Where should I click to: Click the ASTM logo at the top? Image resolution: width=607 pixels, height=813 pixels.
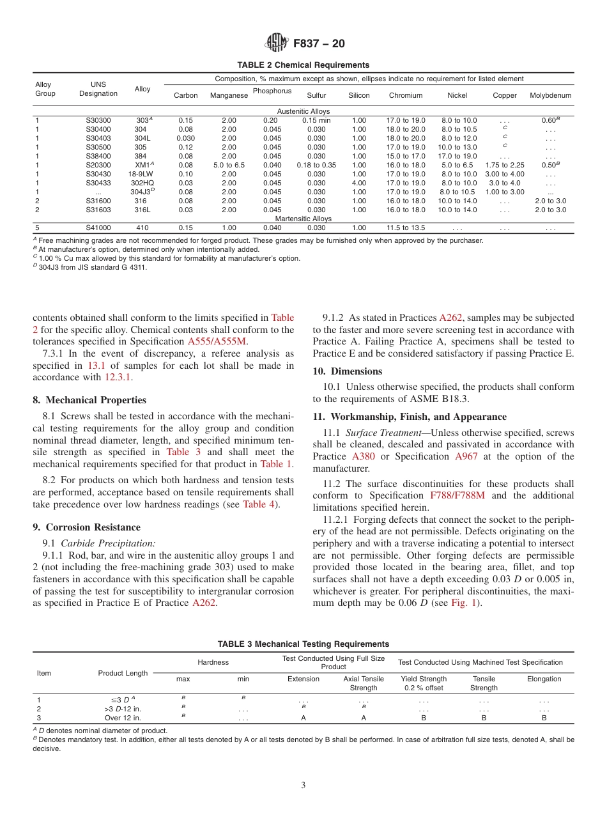click(x=277, y=43)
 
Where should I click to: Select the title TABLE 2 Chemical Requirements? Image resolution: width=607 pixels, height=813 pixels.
click(x=303, y=65)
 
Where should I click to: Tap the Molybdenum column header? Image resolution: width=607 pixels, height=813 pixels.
click(x=550, y=95)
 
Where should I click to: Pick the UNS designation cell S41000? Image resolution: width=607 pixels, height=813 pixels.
click(x=98, y=228)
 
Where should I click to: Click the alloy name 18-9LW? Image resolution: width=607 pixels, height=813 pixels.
click(x=141, y=174)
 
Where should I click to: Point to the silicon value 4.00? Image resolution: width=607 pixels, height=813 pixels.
click(x=358, y=183)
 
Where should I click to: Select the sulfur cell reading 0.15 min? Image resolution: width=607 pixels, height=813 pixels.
click(x=316, y=120)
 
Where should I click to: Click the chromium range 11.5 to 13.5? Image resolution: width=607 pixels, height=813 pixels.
click(x=406, y=228)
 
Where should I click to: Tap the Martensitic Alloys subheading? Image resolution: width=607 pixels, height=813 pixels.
click(x=303, y=219)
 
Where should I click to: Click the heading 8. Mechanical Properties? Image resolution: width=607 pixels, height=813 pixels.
click(x=89, y=400)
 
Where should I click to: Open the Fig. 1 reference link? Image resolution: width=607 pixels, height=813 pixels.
click(x=463, y=602)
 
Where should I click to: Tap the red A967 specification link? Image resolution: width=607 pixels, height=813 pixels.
click(x=466, y=456)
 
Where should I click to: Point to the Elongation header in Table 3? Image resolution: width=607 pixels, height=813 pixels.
click(x=544, y=679)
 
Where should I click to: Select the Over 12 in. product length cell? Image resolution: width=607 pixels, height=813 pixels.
click(x=123, y=718)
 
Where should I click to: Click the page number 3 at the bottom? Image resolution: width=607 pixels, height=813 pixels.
click(x=303, y=785)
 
